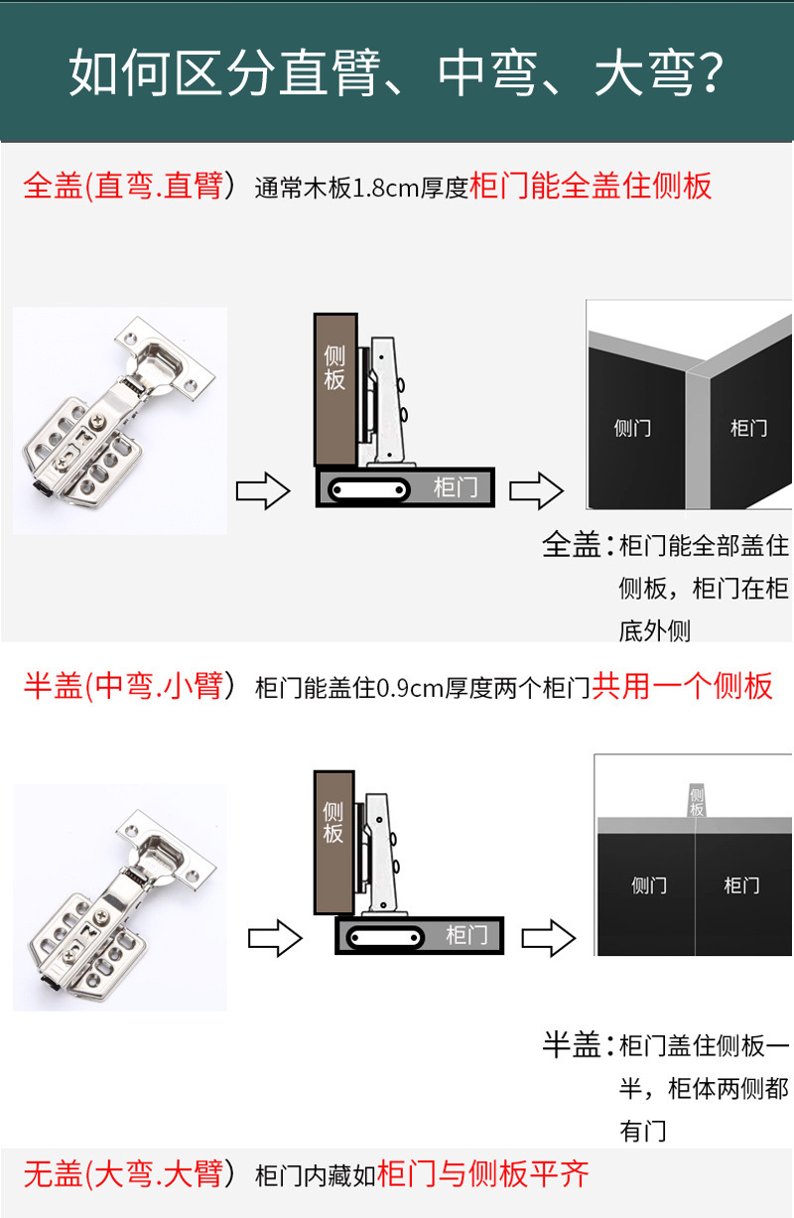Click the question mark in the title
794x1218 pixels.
click(x=707, y=75)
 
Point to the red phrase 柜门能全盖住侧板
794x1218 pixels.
click(x=591, y=187)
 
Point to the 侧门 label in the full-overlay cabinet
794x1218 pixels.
click(x=632, y=428)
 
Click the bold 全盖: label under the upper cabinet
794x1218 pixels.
click(x=573, y=545)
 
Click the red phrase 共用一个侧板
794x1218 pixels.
click(x=682, y=686)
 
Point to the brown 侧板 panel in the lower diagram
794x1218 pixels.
click(x=332, y=840)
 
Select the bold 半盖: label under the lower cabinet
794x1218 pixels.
click(x=573, y=1045)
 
